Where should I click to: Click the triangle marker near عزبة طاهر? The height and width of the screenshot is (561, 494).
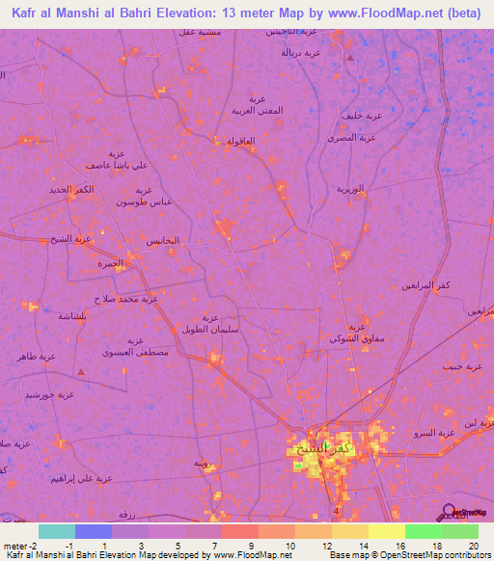(x=81, y=370)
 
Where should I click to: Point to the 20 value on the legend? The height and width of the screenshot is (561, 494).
(x=472, y=547)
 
